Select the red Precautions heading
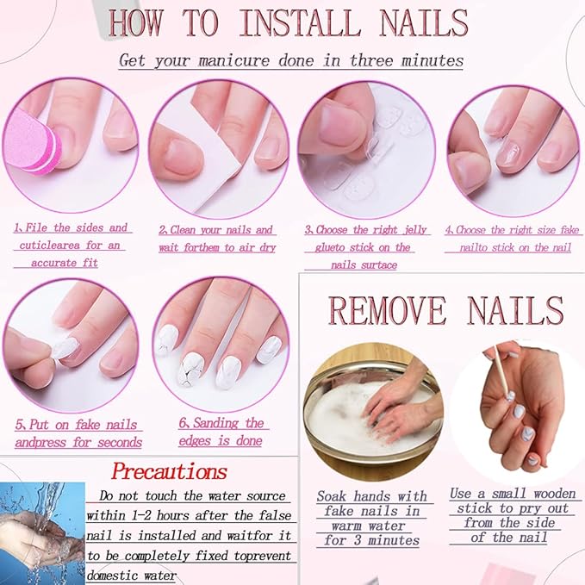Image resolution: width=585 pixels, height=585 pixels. coord(170,471)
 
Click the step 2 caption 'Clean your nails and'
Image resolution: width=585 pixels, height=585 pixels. coord(216,230)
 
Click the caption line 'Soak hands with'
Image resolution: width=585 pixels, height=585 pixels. coord(371,496)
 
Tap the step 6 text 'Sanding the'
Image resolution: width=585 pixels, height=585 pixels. coord(221,423)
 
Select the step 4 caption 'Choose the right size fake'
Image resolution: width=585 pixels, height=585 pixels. coord(508,230)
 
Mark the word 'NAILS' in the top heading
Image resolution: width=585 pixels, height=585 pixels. coord(425,23)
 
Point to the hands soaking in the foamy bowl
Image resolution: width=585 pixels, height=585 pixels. coord(387,406)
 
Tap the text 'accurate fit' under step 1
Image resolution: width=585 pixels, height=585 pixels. coord(65,262)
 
